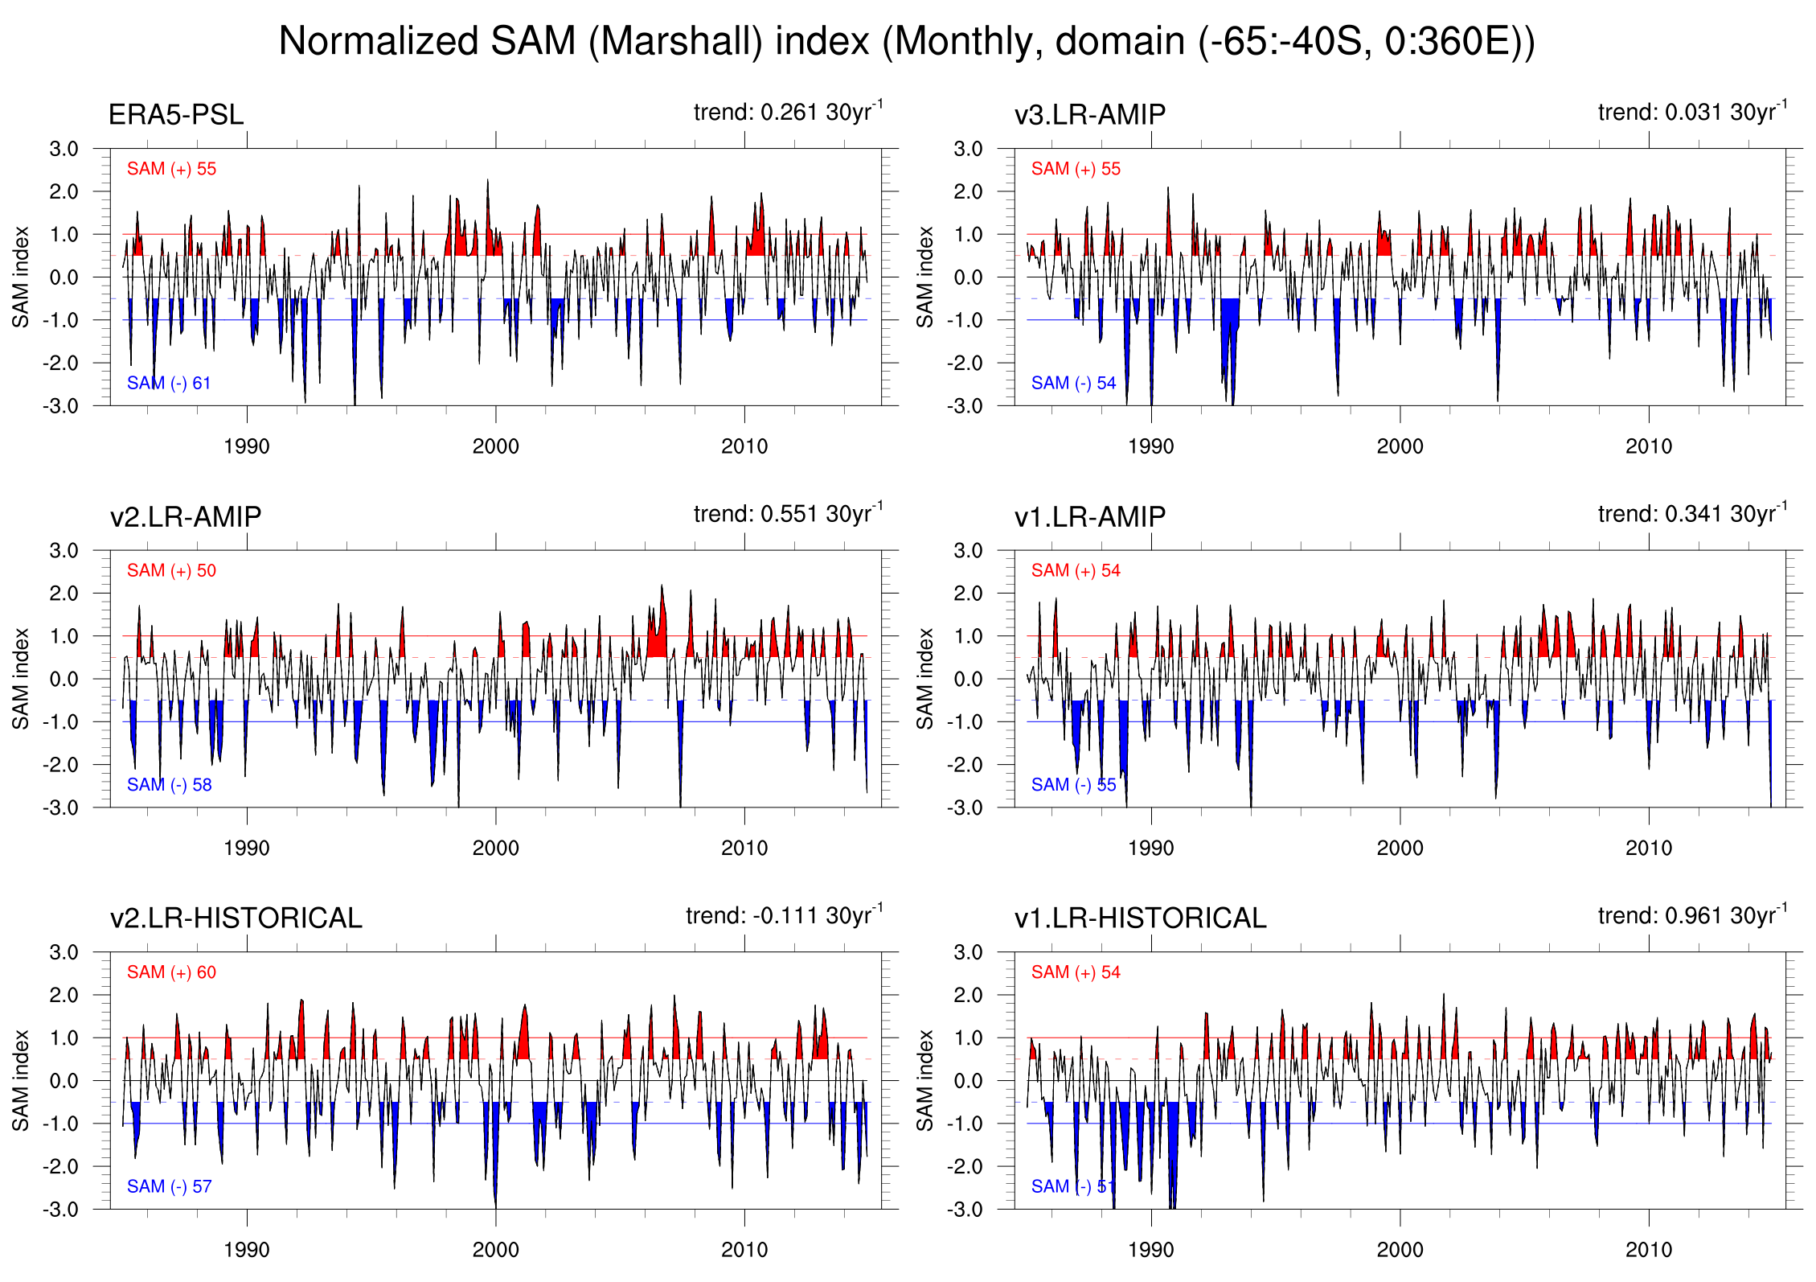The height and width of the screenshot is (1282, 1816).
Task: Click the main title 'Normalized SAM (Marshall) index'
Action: pyautogui.click(x=906, y=41)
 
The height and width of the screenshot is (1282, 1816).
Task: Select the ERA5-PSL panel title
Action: pyautogui.click(x=175, y=115)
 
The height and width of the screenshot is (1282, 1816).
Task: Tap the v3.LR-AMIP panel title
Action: pyautogui.click(x=1089, y=115)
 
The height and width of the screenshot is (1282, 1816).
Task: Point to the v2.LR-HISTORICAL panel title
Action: pyautogui.click(x=236, y=918)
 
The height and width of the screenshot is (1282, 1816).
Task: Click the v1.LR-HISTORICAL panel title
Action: pyautogui.click(x=1140, y=918)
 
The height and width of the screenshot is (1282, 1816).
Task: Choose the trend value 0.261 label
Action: pyautogui.click(x=788, y=112)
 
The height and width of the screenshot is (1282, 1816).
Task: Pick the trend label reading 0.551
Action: pyautogui.click(x=788, y=513)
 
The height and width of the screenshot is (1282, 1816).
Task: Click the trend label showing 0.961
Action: pyautogui.click(x=1692, y=915)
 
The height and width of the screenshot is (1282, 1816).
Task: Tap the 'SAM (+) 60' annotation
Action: pyautogui.click(x=171, y=972)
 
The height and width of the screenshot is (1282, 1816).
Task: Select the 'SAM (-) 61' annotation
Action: pyautogui.click(x=169, y=384)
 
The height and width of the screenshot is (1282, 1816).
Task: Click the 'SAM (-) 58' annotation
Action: pyautogui.click(x=169, y=785)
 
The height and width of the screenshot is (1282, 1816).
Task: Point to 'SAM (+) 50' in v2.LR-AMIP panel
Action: pyautogui.click(x=171, y=571)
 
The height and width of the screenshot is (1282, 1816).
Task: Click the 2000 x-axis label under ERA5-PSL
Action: pyautogui.click(x=495, y=446)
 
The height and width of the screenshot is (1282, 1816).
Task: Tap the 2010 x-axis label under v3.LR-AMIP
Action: pyautogui.click(x=1648, y=446)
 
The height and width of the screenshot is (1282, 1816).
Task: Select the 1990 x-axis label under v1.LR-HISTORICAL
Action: pyautogui.click(x=1150, y=1250)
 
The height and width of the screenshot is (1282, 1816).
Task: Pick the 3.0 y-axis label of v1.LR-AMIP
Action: pyautogui.click(x=967, y=551)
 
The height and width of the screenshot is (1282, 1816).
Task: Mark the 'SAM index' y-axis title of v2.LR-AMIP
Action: pyautogui.click(x=20, y=679)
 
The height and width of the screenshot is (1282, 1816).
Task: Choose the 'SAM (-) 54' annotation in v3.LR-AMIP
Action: pyautogui.click(x=1073, y=384)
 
